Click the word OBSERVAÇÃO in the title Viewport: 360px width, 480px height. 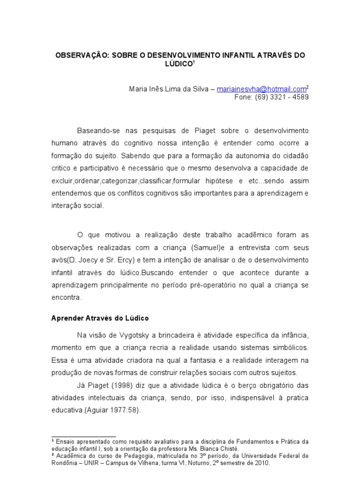click(x=82, y=55)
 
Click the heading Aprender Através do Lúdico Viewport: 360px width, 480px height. click(x=99, y=318)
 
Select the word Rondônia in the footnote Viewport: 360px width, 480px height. click(x=65, y=463)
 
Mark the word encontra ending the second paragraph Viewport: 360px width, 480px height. click(x=66, y=297)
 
